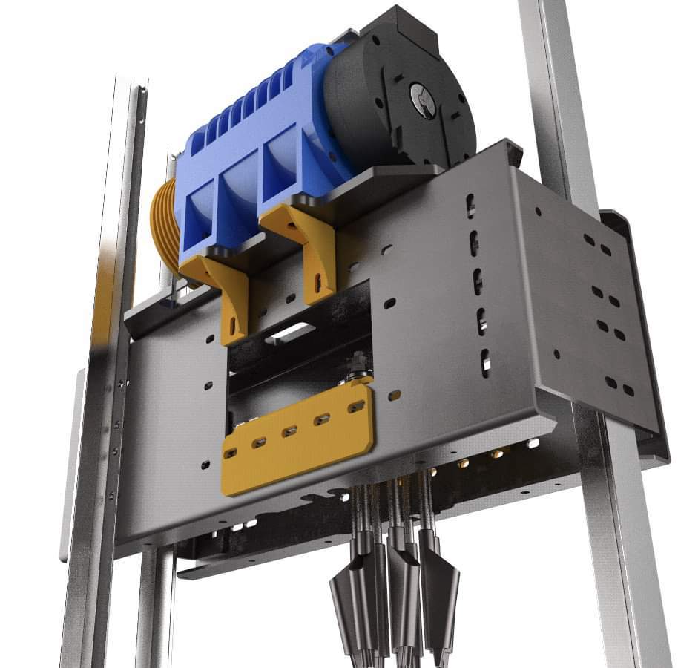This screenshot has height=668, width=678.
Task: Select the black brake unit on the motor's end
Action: point(401,96)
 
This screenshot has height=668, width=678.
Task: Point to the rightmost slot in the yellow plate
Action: point(356,407)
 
